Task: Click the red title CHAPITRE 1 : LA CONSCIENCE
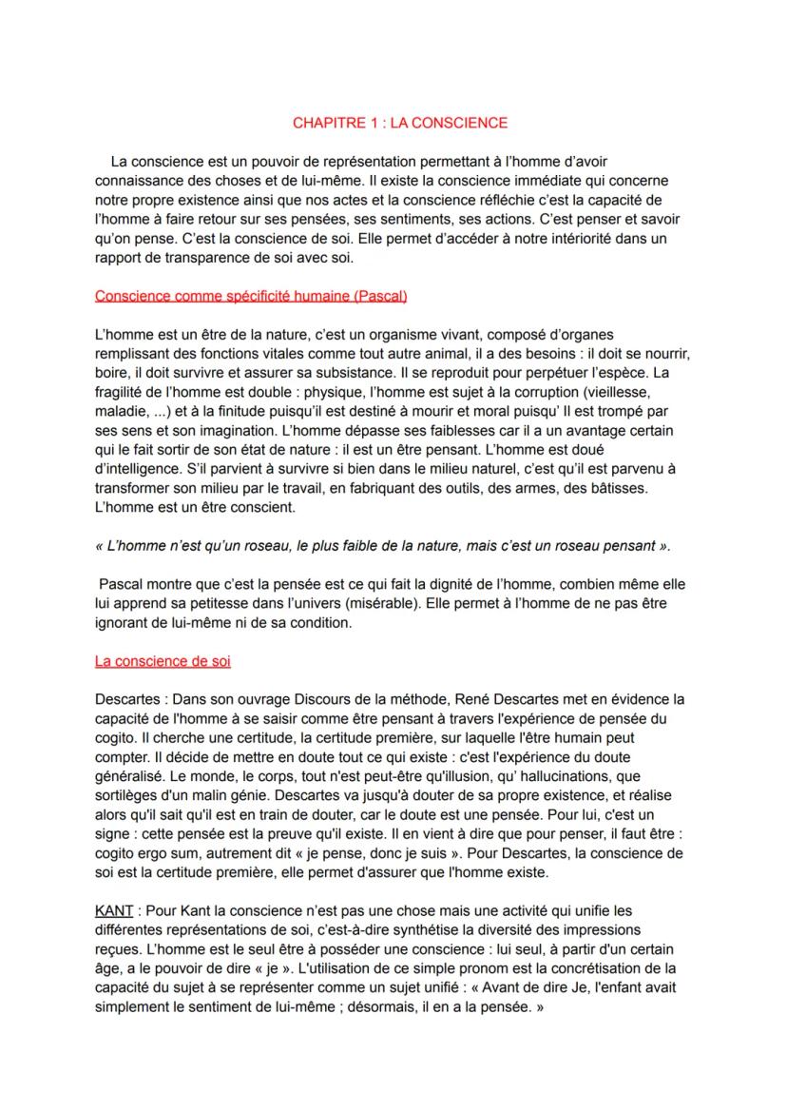[x=399, y=123]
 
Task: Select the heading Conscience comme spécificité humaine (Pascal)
[x=251, y=296]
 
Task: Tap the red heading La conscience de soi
[x=163, y=661]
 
